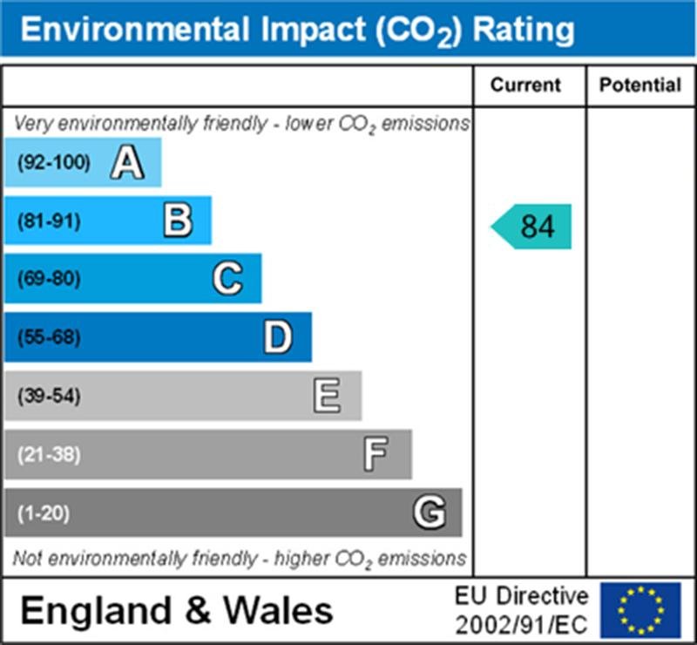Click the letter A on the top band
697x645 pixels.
(x=127, y=163)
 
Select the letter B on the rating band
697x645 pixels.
(x=178, y=221)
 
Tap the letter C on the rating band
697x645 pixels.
(x=227, y=279)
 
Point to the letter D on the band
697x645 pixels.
(x=278, y=337)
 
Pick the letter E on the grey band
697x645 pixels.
(x=328, y=397)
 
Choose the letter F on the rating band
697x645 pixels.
(x=376, y=454)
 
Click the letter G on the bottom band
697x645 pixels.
(x=429, y=513)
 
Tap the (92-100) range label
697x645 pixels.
(x=53, y=163)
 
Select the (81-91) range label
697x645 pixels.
(x=48, y=221)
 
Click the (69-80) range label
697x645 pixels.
(x=49, y=280)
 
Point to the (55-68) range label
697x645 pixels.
(x=49, y=338)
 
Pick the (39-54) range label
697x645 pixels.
(x=49, y=397)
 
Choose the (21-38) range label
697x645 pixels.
(x=49, y=455)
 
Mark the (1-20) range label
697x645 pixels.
(x=43, y=513)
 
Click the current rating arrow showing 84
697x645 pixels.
(x=532, y=227)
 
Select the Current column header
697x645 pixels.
(x=525, y=85)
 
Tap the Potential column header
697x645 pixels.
(x=640, y=85)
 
